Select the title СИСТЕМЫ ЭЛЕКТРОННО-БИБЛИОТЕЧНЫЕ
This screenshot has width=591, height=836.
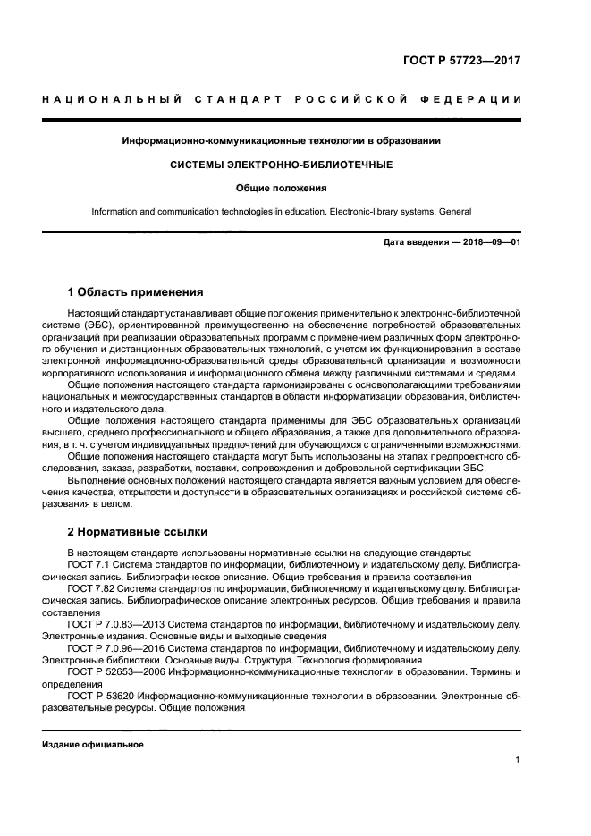tap(281, 165)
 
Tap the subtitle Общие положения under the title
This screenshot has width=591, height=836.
tap(281, 188)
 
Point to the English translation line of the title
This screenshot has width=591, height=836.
tap(281, 212)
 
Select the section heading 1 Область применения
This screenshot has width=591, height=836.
tap(136, 292)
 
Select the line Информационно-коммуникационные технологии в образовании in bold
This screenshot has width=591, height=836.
tap(281, 141)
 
